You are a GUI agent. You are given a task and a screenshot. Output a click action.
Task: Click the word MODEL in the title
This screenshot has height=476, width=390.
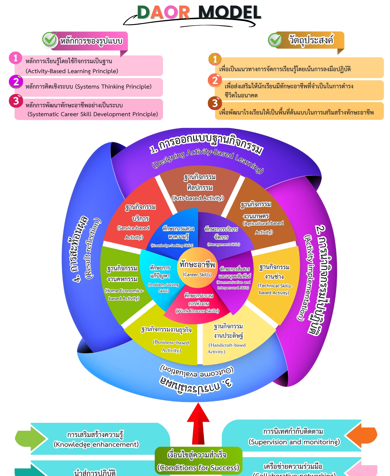(x=229, y=12)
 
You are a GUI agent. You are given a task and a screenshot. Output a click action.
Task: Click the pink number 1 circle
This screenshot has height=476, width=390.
(x=15, y=58)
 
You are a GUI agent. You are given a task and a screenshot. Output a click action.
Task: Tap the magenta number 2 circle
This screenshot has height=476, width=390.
(x=16, y=82)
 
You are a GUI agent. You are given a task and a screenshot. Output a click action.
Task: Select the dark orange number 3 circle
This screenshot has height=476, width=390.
(x=215, y=103)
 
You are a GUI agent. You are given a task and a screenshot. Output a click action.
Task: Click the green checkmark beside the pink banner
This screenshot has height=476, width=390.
(x=50, y=39)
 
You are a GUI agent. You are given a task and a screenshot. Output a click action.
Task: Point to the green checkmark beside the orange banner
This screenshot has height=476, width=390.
(x=275, y=40)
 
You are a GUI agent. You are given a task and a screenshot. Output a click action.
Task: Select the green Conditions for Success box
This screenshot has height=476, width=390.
(x=198, y=461)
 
